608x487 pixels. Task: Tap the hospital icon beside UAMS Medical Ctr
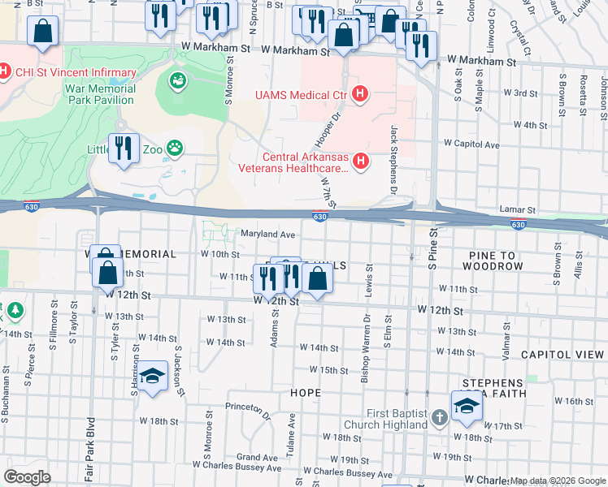click(360, 96)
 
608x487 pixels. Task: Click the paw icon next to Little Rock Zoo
click(174, 149)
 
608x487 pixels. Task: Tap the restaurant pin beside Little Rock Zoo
click(123, 148)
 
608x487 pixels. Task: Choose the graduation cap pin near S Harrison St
click(152, 377)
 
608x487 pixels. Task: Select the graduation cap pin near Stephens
click(467, 407)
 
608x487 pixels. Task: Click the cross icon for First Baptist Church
click(439, 418)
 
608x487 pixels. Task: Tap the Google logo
click(28, 476)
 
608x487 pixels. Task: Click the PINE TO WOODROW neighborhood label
click(496, 261)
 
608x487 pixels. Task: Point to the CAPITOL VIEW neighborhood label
click(563, 355)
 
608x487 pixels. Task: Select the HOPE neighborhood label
click(305, 393)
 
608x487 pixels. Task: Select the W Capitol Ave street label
click(471, 144)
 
